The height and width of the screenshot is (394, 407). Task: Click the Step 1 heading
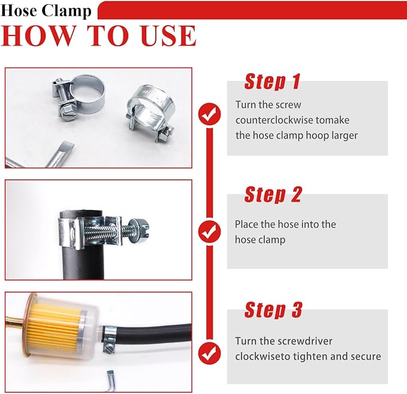(272, 82)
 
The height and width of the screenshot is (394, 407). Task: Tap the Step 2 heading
(273, 194)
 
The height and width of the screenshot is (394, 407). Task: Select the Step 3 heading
(273, 309)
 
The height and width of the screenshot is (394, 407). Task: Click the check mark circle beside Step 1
(209, 114)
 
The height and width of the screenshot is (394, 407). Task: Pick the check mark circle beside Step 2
(209, 231)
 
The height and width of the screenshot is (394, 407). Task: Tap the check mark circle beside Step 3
(209, 353)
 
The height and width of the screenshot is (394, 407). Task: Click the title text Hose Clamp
(46, 11)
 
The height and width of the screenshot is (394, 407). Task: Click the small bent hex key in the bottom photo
(111, 381)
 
